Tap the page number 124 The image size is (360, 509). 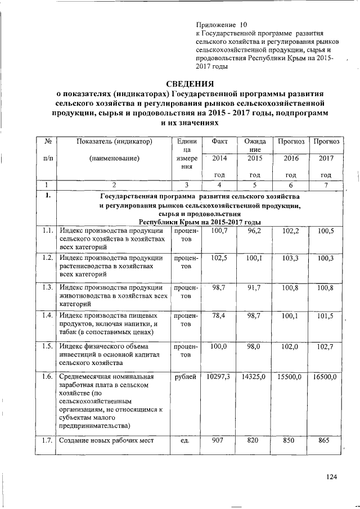331,478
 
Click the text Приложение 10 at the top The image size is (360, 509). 221,25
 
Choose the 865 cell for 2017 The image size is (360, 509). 323,441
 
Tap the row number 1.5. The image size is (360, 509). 47,346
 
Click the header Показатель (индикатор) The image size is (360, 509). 114,141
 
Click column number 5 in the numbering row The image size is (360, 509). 254,184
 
